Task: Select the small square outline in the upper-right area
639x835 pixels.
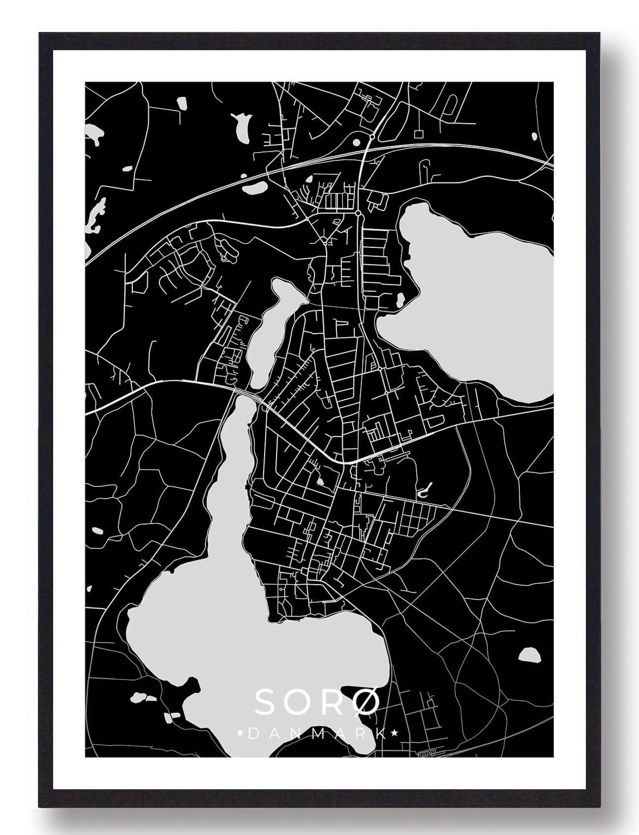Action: click(419, 134)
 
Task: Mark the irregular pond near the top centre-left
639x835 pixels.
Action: click(241, 127)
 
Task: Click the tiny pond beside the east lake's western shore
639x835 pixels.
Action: click(400, 298)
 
